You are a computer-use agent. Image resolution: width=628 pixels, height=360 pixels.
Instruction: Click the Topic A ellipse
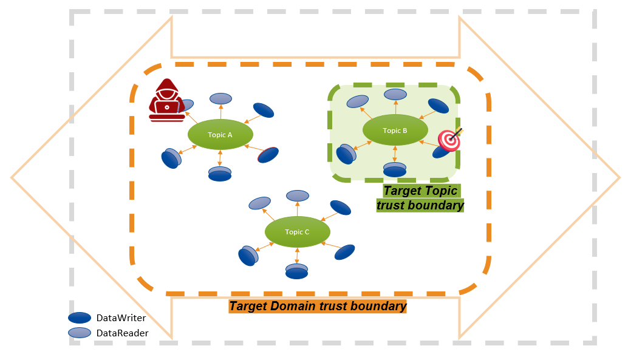point(220,135)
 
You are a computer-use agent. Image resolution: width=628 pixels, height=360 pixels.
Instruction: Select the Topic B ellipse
point(395,130)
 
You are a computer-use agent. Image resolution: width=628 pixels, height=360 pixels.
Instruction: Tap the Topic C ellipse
point(297,231)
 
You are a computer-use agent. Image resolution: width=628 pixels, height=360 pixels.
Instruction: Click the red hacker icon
point(166,100)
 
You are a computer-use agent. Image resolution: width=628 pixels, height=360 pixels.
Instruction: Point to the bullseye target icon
point(450,139)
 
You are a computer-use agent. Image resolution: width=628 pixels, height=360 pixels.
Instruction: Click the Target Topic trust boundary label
point(420,198)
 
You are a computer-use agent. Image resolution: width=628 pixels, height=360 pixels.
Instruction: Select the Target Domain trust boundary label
point(318,306)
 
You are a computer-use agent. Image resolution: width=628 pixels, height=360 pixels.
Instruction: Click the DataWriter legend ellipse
point(80,318)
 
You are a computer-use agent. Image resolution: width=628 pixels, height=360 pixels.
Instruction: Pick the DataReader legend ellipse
point(80,332)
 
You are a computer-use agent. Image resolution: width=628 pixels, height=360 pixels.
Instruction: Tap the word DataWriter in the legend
point(121,318)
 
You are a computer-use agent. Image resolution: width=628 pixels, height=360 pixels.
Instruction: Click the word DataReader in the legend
point(122,333)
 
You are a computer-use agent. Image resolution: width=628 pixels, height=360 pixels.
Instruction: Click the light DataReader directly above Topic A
point(220,98)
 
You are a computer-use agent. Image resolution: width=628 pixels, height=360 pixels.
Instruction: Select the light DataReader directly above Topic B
point(395,94)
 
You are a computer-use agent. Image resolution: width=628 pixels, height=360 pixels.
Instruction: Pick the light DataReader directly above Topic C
point(298,195)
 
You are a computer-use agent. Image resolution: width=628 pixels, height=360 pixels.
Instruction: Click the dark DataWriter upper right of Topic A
point(263,110)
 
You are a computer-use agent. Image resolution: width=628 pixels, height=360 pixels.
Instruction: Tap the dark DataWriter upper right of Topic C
point(340,208)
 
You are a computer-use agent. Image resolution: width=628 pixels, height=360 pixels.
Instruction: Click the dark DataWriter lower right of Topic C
point(344,251)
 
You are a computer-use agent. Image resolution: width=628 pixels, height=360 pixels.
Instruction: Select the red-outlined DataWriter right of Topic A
point(268,155)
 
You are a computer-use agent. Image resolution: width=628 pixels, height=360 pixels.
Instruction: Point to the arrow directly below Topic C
point(297,255)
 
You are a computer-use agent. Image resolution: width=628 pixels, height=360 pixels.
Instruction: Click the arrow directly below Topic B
point(395,154)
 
